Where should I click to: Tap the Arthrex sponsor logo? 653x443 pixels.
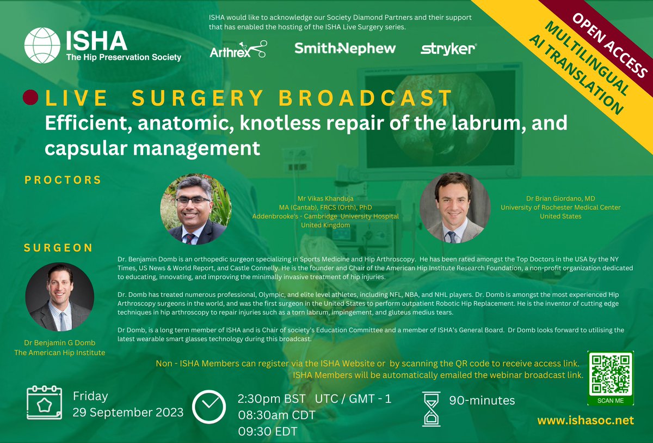tap(238, 49)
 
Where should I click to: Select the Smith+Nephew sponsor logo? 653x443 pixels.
tap(345, 48)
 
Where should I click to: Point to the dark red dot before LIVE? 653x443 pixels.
tap(30, 98)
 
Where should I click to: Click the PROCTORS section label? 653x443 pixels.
tap(63, 180)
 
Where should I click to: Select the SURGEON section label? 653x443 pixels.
tap(58, 248)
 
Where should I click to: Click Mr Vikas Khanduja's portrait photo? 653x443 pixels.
tap(196, 209)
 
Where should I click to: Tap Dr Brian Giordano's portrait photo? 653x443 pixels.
tap(453, 208)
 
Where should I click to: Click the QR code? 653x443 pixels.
tap(610, 373)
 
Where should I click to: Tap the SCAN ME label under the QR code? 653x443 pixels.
tap(610, 400)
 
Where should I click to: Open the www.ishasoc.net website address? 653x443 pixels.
tap(586, 421)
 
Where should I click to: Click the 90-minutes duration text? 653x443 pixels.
tap(482, 400)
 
